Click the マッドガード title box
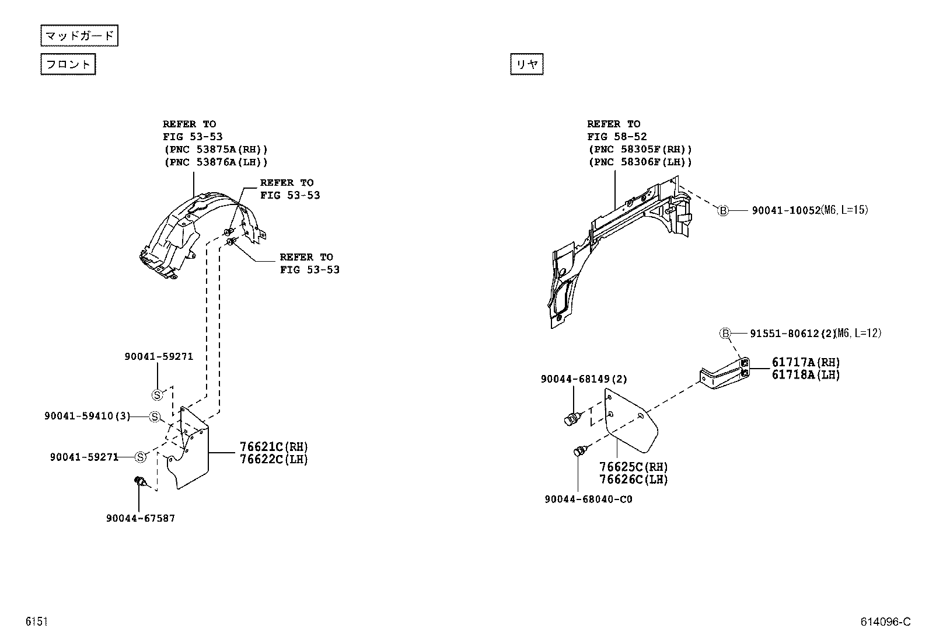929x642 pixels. coord(79,36)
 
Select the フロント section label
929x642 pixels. coord(68,64)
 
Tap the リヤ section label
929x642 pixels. coord(526,64)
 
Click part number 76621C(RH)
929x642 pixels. coord(273,447)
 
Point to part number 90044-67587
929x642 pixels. coord(141,518)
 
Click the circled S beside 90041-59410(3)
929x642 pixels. coord(155,417)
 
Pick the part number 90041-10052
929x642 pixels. coord(785,210)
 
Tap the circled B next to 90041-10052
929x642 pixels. coord(723,210)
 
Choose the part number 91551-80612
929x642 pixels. coord(785,334)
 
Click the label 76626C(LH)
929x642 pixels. coord(633,480)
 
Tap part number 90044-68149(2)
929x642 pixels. coord(584,379)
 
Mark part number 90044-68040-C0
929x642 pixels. coord(588,499)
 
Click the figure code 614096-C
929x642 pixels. coord(885,622)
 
